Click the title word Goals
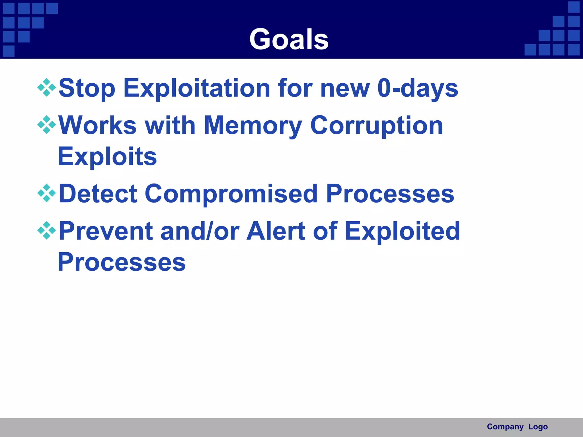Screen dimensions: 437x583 coord(289,39)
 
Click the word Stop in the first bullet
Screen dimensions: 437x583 coord(87,88)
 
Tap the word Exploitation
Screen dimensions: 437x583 coord(197,88)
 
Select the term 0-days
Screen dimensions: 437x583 coord(418,88)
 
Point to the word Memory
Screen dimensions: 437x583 coord(253,125)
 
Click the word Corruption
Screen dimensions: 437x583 coord(376,125)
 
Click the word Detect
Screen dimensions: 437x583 coord(98,194)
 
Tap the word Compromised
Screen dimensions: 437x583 coord(231,194)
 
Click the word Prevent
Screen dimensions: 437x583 coord(106,231)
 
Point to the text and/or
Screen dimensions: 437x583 coord(200,231)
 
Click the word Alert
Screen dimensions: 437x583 coord(276,231)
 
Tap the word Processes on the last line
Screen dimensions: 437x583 coord(122,262)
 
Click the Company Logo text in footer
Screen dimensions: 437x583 coord(517,427)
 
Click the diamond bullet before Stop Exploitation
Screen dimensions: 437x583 coord(46,88)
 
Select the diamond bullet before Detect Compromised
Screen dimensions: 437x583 coord(46,193)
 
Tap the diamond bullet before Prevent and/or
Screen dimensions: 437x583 coord(46,230)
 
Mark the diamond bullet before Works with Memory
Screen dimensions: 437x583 coord(46,125)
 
